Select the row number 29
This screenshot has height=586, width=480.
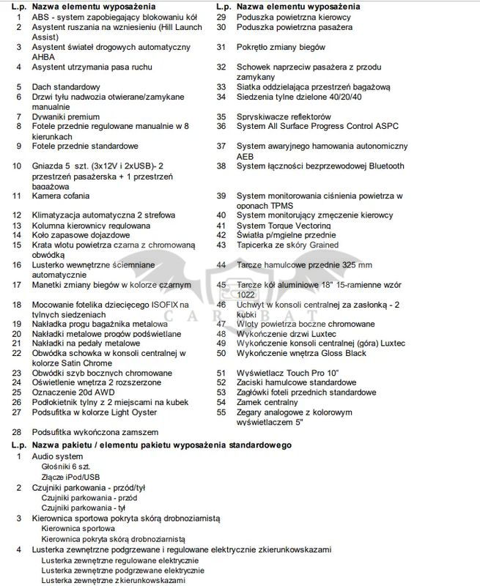221,17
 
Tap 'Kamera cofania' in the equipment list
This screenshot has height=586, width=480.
61,196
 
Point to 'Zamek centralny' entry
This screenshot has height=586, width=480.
267,402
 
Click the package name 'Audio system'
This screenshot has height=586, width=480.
58,456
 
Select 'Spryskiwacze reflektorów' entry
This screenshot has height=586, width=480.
284,116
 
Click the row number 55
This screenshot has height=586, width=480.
221,412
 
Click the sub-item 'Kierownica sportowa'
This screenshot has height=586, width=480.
78,528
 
